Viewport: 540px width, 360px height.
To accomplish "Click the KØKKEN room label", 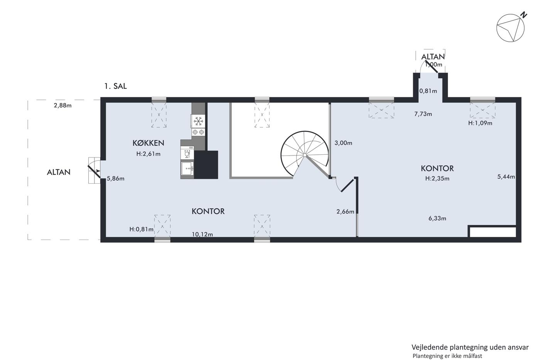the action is [148, 143].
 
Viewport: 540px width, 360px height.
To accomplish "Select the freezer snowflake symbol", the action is [198, 121].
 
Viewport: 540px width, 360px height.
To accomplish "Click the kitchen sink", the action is [187, 168].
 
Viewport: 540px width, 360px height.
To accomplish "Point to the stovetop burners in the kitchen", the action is [198, 132].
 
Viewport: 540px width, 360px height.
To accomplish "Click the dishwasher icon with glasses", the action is [187, 153].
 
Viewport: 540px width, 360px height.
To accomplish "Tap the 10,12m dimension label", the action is [202, 234].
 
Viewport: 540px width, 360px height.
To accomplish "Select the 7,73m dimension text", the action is [423, 114].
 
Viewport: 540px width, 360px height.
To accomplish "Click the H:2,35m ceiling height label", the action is [437, 178].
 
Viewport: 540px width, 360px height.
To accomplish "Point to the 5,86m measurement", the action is [116, 178].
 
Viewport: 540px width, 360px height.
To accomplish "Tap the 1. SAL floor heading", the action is [115, 86].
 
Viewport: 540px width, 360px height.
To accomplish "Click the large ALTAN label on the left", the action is [59, 172].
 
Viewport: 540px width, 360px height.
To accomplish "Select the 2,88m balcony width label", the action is [62, 105].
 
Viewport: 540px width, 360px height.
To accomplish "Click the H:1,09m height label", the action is [480, 123].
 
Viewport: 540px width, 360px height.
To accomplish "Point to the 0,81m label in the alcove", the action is [428, 91].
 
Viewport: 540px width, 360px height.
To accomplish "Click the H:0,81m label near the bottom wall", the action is [142, 229].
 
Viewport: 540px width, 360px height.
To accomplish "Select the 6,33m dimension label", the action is [437, 218].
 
